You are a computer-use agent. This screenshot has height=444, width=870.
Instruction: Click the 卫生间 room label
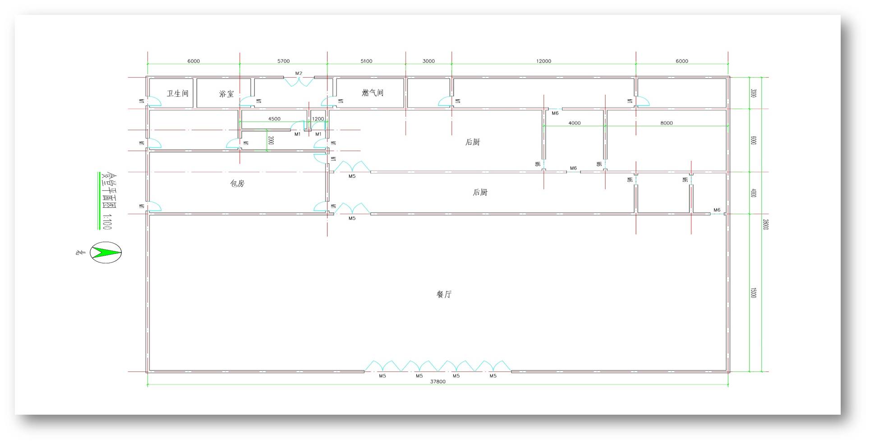point(177,93)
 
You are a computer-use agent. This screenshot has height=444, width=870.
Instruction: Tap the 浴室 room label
point(226,94)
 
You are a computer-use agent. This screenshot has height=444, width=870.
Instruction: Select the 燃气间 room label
point(373,92)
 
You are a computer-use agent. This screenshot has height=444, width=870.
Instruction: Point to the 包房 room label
point(237,183)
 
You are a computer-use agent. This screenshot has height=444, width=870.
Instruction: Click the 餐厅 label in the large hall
point(444,294)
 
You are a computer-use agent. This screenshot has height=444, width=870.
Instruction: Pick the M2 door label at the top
point(299,73)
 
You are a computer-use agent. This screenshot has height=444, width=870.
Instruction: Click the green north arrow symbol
point(106,252)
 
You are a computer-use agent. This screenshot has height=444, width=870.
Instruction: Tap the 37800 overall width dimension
point(437,382)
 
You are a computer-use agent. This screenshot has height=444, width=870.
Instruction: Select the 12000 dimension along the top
point(543,61)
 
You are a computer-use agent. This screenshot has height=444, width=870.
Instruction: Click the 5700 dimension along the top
point(283,61)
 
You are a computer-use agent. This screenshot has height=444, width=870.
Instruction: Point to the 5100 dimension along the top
point(366,61)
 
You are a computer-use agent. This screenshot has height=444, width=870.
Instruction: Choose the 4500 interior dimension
point(274,119)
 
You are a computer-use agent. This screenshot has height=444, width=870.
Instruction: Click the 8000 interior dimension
point(666,123)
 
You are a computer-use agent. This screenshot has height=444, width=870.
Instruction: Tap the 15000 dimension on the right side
point(753,293)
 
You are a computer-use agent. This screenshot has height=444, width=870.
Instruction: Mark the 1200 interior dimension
point(318,119)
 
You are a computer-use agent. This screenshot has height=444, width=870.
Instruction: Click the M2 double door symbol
point(299,82)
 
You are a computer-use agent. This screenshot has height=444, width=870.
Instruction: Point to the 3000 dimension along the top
point(428,61)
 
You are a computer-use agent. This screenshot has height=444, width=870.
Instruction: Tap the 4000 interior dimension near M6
point(574,123)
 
